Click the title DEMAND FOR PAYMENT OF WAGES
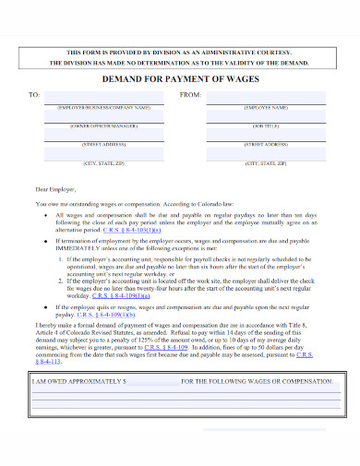tap(179, 81)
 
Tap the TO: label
tap(34, 95)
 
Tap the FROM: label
tap(190, 95)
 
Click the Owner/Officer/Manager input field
tap(103, 118)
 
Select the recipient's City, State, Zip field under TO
tap(103, 156)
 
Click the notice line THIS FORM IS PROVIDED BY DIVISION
tap(181, 54)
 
